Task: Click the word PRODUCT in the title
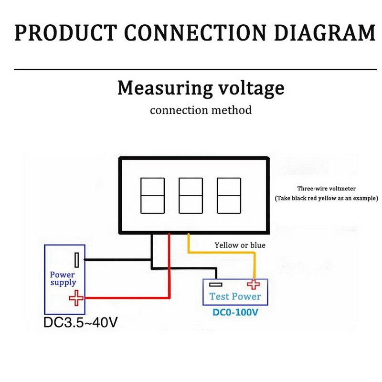pos(64,32)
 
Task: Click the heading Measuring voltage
pos(201,88)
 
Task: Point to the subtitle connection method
pos(201,110)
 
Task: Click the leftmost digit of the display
pos(153,195)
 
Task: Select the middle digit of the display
pos(191,195)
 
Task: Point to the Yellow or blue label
pos(240,245)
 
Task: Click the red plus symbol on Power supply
pos(75,299)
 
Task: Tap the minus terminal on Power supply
pos(76,260)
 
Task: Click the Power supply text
pos(63,278)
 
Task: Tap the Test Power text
pos(235,297)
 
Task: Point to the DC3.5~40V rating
pos(80,322)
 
